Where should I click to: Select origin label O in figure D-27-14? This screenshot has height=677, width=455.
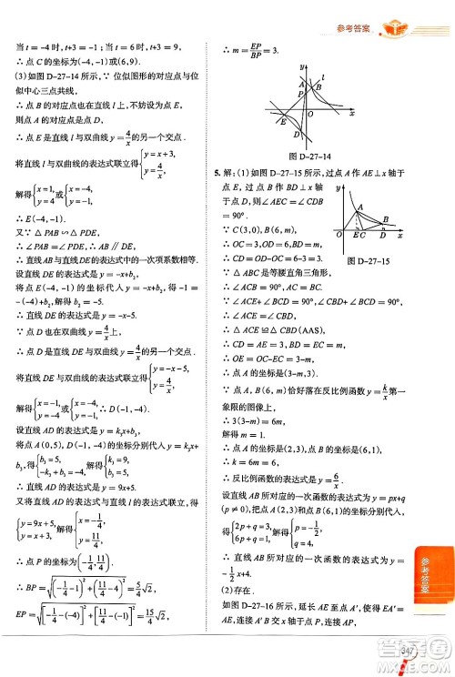pos(311,115)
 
